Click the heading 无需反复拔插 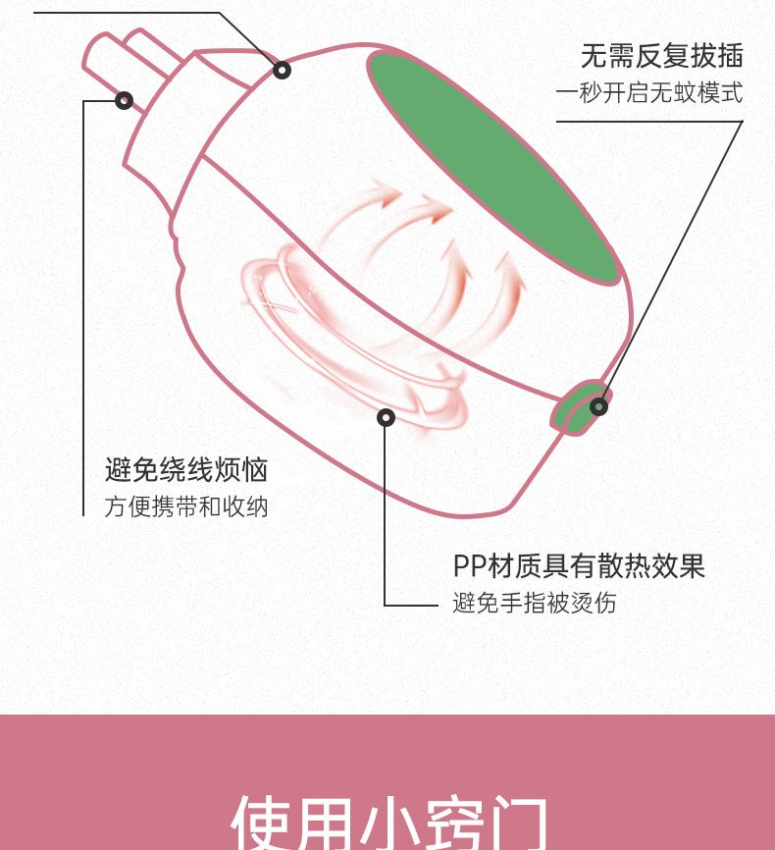pos(662,56)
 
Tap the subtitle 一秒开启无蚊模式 pos(649,92)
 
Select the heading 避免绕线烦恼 pos(186,469)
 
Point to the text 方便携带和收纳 pos(186,506)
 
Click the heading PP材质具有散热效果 pos(579,566)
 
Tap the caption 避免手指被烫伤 pos(535,603)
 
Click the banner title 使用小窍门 pos(389,823)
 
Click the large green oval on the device pos(493,168)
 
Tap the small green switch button pos(580,407)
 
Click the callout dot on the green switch pos(598,406)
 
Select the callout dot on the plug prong pos(125,100)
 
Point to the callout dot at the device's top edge pos(282,70)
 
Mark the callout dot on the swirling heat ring pos(386,417)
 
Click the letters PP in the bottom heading pos(470,566)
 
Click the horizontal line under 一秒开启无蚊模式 pos(649,122)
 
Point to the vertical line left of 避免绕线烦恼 pos(83,308)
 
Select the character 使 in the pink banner pos(259,823)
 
